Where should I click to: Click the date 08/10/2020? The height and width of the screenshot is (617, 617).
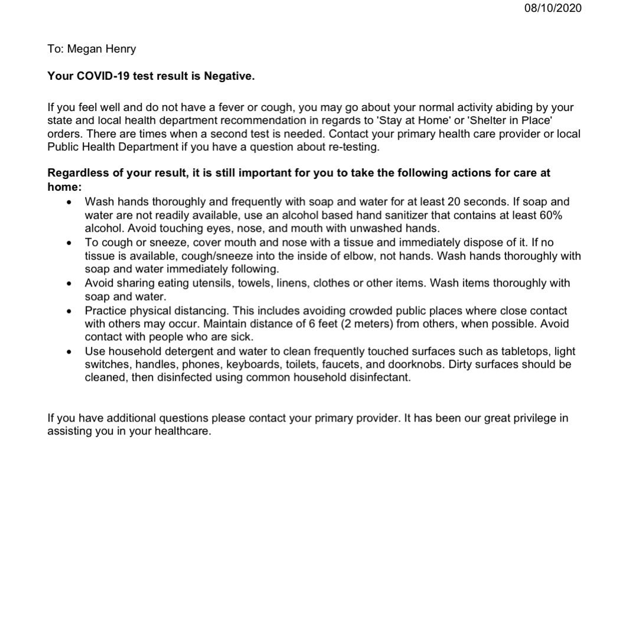553,8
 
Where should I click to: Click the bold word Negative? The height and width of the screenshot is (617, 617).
229,77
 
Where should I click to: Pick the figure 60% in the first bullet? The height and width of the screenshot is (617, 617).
557,215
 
